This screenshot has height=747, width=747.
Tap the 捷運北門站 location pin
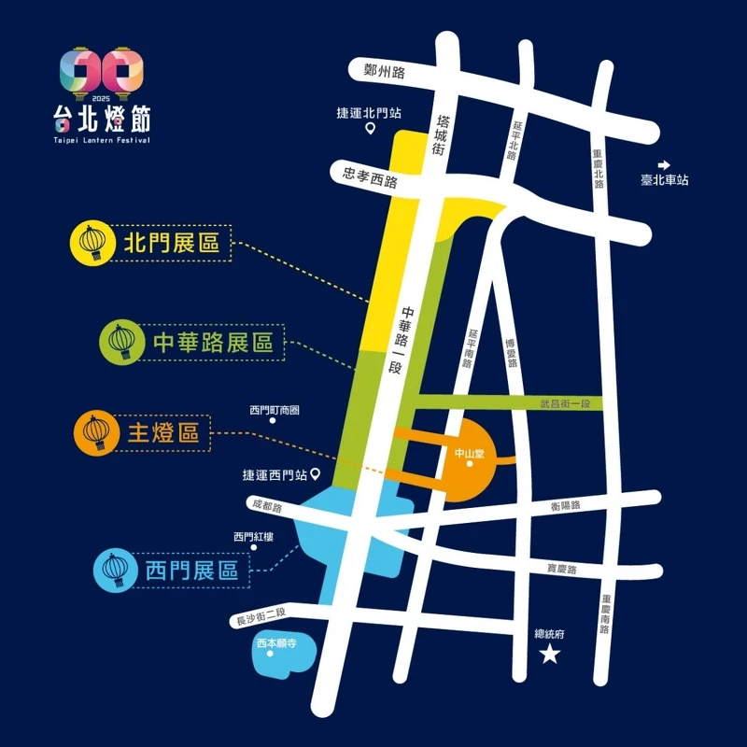[370, 130]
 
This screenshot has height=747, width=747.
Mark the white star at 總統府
[550, 655]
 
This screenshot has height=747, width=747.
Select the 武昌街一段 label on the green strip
[566, 403]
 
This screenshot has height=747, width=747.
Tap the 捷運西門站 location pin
[316, 473]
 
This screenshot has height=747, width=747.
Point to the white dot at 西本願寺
[270, 654]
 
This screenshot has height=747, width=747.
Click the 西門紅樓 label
[254, 537]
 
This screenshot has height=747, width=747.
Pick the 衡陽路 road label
[565, 505]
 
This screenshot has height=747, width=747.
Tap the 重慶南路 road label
[606, 615]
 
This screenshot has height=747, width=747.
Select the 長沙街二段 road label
[261, 617]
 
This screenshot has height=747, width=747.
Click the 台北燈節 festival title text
[100, 118]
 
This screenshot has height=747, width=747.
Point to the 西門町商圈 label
[275, 410]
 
